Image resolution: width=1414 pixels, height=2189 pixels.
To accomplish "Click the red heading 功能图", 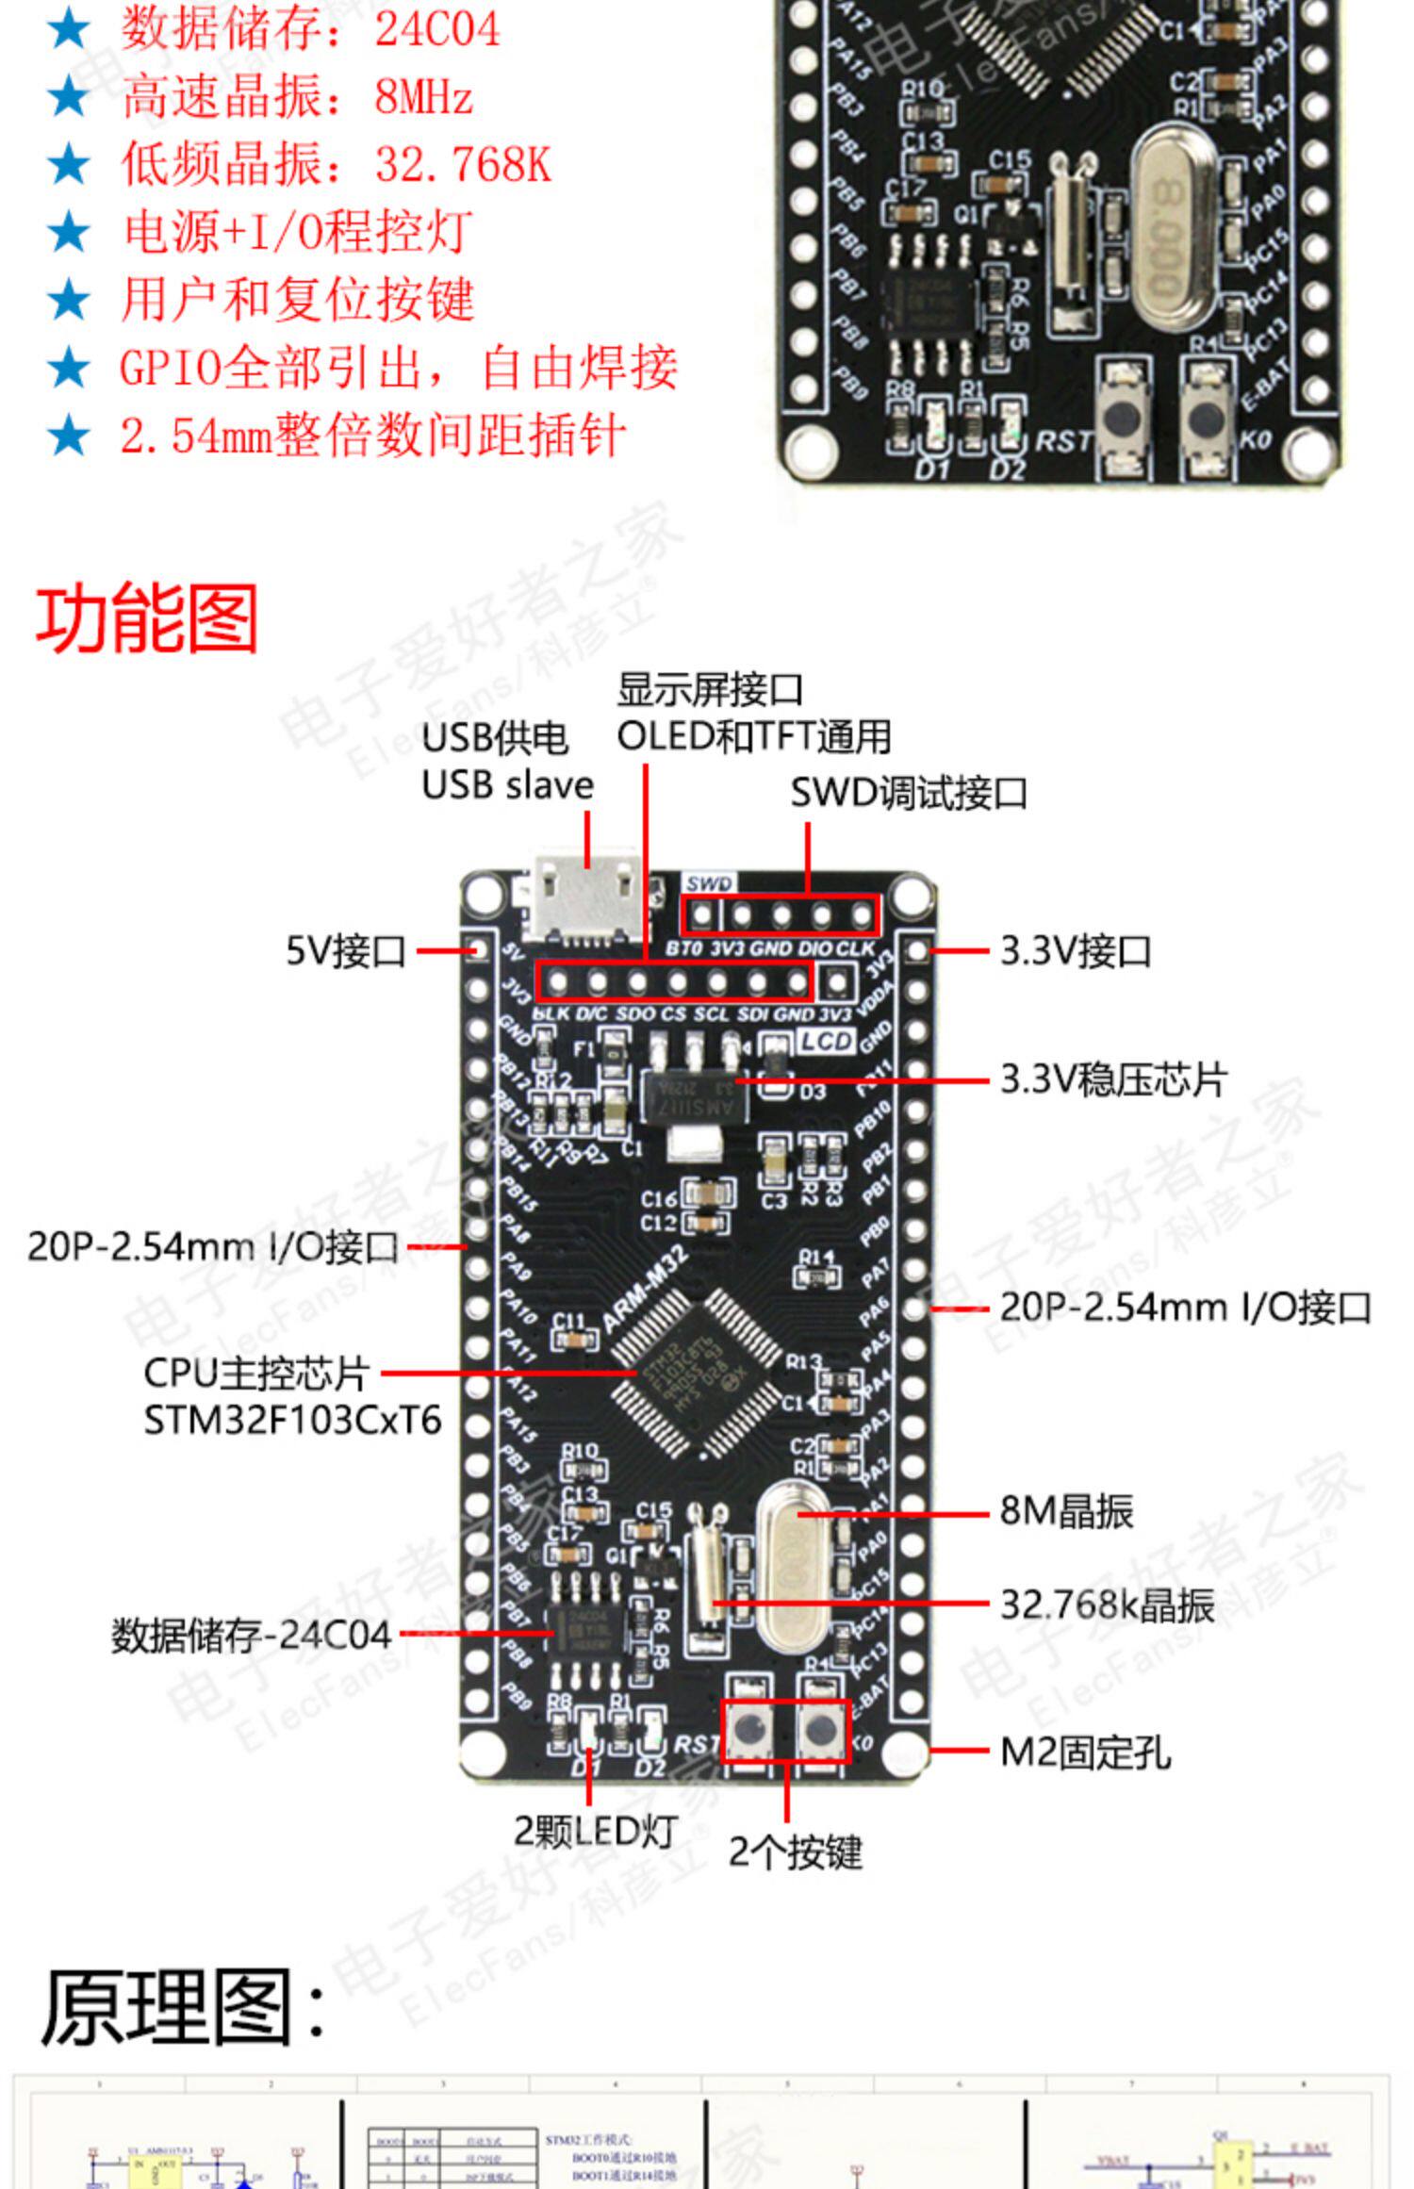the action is [147, 619].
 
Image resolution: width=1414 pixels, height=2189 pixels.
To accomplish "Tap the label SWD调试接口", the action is [908, 793].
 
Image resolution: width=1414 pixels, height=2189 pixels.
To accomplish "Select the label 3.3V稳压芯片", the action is [1112, 1079].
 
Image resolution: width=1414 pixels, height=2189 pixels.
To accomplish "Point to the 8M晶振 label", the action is [1065, 1510].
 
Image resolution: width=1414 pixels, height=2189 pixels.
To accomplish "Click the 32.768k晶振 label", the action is [1106, 1604].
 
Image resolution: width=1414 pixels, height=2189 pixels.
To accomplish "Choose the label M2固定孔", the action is [1084, 1753].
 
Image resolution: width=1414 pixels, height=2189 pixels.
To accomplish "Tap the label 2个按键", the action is [795, 1852].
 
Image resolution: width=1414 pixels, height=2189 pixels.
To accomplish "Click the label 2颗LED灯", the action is [595, 1831].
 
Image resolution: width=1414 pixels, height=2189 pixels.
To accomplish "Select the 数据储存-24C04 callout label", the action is [251, 1635].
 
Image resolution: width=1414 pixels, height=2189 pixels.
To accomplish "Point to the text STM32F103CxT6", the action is [292, 1420].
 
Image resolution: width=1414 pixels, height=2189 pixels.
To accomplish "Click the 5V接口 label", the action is [345, 950].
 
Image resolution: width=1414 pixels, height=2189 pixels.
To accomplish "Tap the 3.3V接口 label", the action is [1075, 950].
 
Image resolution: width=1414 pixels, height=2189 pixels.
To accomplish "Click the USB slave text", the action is [507, 785].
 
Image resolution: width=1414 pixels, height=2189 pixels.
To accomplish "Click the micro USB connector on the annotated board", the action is [584, 899].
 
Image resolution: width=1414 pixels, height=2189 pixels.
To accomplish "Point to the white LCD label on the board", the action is [827, 1041].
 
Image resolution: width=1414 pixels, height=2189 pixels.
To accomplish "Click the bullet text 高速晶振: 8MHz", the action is [296, 96].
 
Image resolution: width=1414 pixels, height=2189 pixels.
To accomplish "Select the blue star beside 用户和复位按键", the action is [68, 300].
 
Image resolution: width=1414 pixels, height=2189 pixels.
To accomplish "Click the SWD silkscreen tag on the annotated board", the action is [708, 883].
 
